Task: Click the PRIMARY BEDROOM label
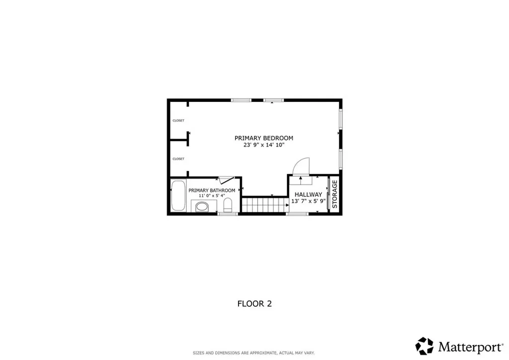click(263, 138)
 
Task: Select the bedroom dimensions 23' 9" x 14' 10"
click(263, 145)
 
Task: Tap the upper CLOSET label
click(178, 120)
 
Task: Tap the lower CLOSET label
click(178, 159)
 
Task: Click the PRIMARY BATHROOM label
click(212, 190)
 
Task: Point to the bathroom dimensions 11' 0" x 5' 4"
click(212, 196)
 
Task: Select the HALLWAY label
click(308, 194)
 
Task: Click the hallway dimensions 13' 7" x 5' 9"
click(308, 201)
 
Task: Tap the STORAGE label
click(335, 194)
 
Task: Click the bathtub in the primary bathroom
click(178, 196)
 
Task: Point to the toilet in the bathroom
click(228, 205)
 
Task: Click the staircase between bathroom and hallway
click(265, 204)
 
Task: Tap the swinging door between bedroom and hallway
click(302, 167)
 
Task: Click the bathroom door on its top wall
click(226, 180)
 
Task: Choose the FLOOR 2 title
click(254, 303)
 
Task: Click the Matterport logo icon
click(424, 345)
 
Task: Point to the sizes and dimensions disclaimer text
click(254, 353)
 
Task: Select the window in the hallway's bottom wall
click(298, 214)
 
